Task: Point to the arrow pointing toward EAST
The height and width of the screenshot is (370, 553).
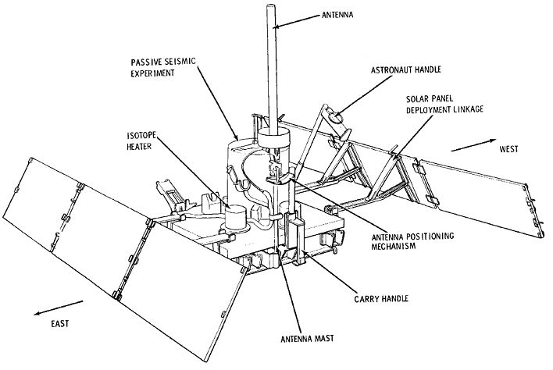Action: [59, 308]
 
